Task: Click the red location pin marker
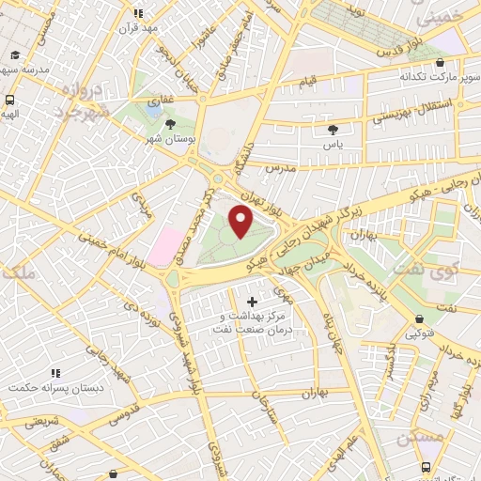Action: pyautogui.click(x=241, y=223)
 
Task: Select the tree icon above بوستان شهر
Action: pyautogui.click(x=170, y=123)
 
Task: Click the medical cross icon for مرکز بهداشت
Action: pyautogui.click(x=251, y=301)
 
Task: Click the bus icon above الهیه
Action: pyautogui.click(x=9, y=100)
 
